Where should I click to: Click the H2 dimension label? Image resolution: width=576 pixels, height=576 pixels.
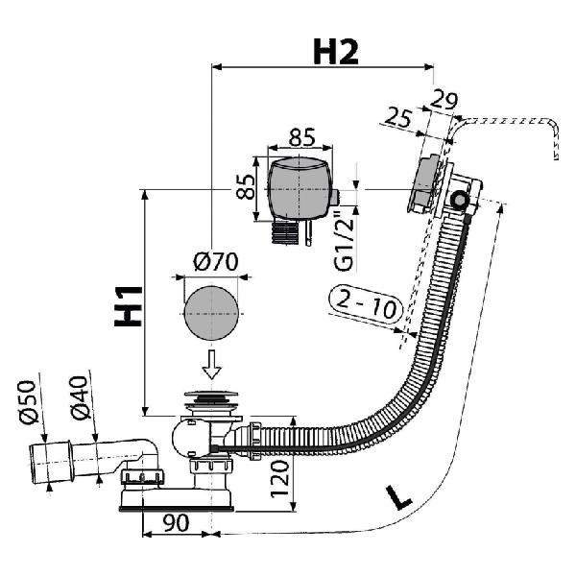[335, 52]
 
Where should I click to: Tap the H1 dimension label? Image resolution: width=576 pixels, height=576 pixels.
[129, 306]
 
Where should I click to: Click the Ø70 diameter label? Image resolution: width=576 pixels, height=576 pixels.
[216, 261]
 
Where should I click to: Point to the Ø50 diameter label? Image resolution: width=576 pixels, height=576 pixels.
[27, 402]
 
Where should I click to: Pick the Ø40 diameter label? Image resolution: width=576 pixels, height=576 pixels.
[80, 397]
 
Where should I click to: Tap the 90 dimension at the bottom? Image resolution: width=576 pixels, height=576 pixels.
[176, 523]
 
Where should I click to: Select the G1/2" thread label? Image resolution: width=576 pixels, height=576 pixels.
[345, 243]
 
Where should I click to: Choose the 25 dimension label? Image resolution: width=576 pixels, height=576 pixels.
[397, 117]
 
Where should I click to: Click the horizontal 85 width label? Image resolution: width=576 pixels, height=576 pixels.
[302, 136]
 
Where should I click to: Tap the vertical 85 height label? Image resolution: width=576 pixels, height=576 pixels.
[245, 186]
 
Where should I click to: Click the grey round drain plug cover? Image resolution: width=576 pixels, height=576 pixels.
[211, 313]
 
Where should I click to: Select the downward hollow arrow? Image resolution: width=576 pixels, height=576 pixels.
[211, 364]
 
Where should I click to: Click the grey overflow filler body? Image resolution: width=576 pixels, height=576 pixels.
[300, 188]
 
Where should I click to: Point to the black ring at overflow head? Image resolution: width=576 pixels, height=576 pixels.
[460, 200]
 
